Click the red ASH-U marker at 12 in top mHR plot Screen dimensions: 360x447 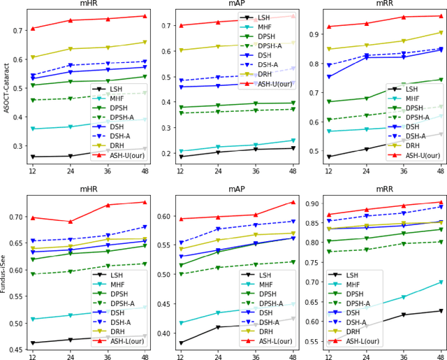click(x=33, y=29)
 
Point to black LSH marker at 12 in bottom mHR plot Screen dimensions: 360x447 click(x=33, y=343)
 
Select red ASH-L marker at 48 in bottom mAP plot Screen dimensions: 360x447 click(x=293, y=222)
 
